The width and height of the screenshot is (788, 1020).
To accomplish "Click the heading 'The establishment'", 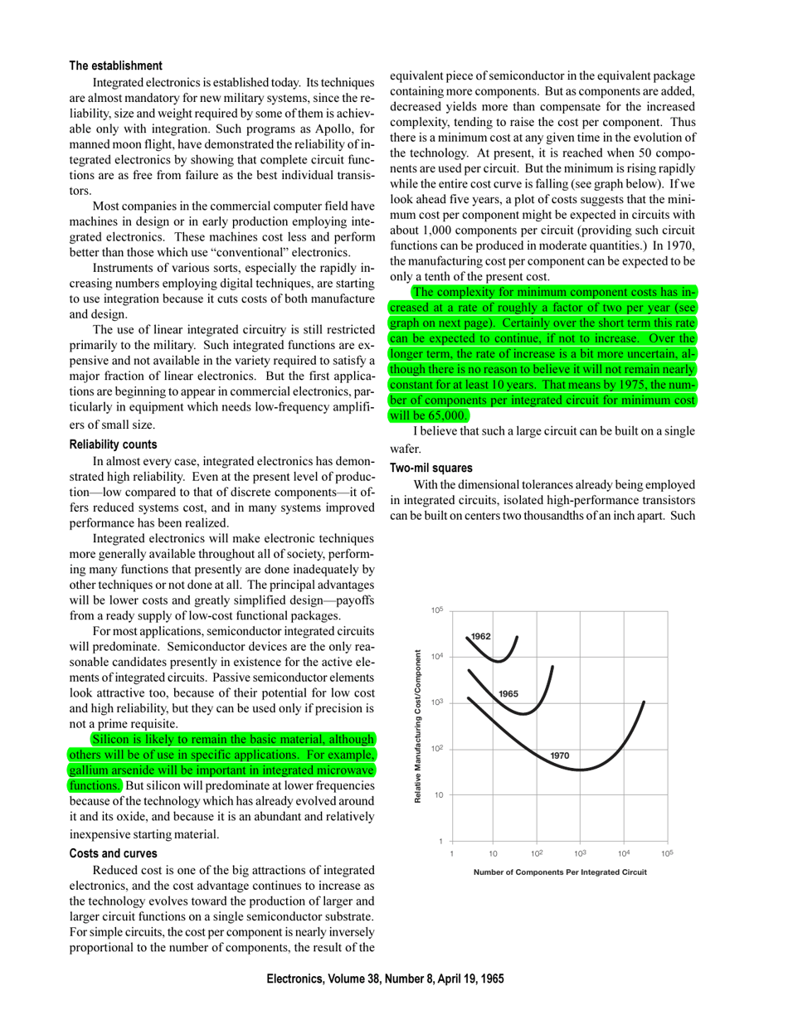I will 115,66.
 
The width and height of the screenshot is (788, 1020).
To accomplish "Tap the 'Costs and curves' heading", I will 113,853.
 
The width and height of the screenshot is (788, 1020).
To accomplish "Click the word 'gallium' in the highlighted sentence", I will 90,770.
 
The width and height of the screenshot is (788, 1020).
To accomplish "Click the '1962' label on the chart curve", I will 481,636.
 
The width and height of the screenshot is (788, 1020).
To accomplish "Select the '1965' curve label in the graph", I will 508,693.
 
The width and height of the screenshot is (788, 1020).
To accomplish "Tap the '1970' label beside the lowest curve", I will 560,755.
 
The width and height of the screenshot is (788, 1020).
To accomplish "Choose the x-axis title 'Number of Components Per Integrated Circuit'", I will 560,872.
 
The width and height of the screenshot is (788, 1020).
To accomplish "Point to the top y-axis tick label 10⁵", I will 436,610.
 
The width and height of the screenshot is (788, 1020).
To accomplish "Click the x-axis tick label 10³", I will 580,853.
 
